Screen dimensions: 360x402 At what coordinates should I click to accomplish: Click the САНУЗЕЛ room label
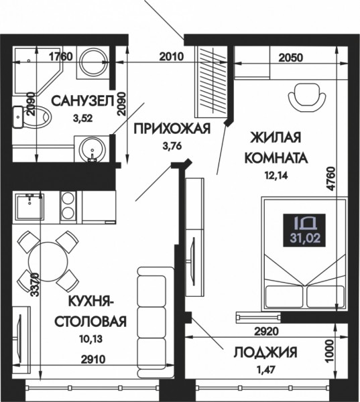82,100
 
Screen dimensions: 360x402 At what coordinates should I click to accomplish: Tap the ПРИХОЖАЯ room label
172,128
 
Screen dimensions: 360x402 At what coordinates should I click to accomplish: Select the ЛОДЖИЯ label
265,352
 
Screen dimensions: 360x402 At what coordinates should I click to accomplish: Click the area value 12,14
276,176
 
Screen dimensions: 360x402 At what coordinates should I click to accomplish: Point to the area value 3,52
82,119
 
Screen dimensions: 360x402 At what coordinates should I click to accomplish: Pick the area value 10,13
91,339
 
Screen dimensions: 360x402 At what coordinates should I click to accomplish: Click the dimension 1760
61,56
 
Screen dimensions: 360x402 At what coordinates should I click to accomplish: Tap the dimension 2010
172,56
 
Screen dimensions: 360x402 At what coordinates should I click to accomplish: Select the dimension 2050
290,58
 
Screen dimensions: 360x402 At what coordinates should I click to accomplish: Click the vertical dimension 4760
331,178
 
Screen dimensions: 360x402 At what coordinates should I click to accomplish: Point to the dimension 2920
266,332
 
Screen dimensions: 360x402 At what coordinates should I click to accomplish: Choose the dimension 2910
93,359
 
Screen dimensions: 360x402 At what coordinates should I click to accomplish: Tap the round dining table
48,261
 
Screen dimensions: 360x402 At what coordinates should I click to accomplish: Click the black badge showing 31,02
304,230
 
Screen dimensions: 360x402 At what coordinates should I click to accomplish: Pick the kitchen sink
29,206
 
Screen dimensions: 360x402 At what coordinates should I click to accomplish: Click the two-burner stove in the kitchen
68,206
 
